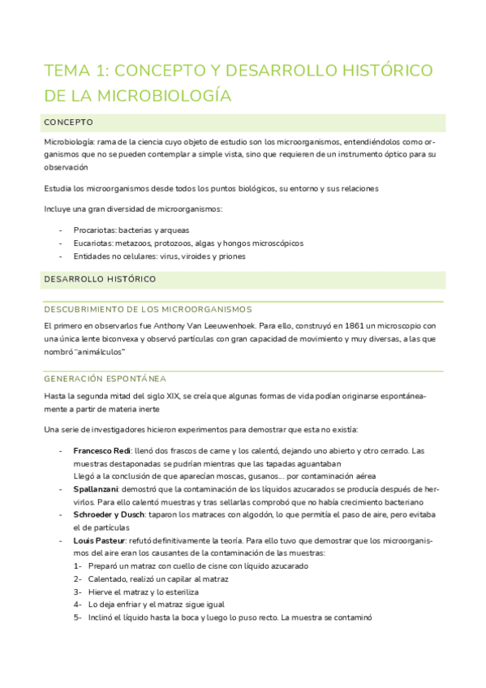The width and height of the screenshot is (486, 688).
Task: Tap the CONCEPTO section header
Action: point(69,123)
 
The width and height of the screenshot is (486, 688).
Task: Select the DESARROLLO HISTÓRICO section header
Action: point(100,279)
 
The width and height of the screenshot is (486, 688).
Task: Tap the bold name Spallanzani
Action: point(95,489)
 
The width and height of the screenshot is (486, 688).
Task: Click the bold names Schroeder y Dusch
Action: point(112,515)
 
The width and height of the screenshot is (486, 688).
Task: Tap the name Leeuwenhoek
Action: point(211,325)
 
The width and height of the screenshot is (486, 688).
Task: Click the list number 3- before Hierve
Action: point(78,592)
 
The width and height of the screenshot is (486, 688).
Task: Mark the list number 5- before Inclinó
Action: point(78,617)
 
